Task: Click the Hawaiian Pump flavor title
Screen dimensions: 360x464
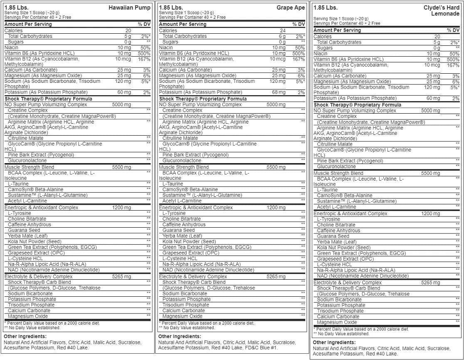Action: (129, 7)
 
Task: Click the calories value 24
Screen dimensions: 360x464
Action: (282, 30)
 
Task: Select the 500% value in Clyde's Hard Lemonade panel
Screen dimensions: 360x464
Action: (452, 60)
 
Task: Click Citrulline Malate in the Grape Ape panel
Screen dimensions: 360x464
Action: (180, 138)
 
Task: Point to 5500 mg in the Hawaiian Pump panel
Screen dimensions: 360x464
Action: (121, 167)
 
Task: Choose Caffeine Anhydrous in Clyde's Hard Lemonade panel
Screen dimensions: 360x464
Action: (338, 231)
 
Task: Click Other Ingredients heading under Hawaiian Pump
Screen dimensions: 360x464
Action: (25, 336)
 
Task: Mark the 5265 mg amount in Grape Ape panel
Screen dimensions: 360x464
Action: (276, 276)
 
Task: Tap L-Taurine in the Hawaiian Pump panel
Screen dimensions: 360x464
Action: (18, 184)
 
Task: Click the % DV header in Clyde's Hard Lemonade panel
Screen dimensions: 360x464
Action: (453, 30)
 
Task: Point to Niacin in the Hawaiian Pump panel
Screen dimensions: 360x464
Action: (11, 48)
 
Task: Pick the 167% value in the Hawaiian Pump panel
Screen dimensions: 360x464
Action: (143, 59)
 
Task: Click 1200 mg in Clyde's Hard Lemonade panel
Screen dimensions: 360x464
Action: (431, 214)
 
